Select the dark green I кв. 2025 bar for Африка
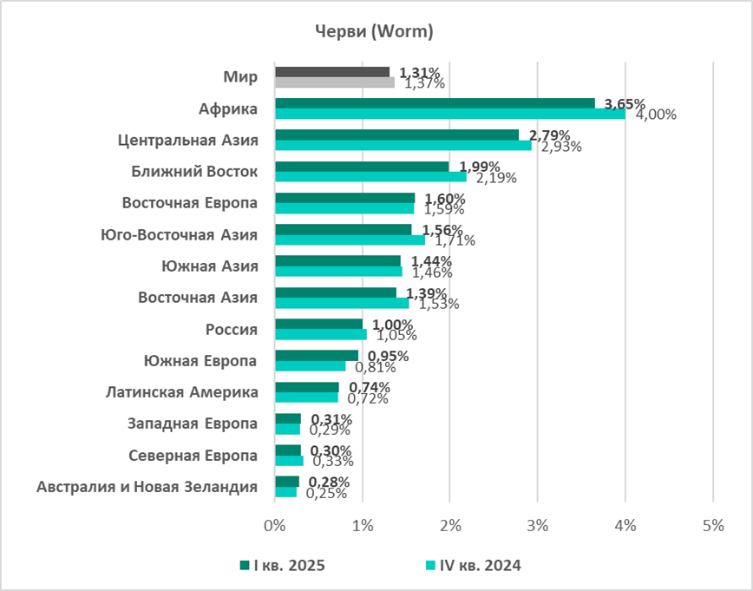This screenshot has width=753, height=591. [434, 103]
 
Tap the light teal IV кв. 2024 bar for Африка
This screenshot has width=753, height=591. [449, 114]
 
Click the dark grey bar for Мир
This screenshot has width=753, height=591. [331, 72]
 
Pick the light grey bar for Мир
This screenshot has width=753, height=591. [334, 82]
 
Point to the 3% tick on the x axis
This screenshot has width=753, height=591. [537, 525]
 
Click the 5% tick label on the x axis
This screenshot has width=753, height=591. [712, 525]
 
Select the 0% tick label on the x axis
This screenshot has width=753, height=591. [274, 525]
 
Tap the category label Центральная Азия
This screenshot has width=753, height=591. [187, 140]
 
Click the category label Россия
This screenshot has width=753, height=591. [232, 329]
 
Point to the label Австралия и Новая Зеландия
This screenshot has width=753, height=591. [147, 486]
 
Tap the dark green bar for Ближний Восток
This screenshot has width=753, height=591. [362, 167]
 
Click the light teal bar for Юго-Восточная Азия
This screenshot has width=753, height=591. [349, 240]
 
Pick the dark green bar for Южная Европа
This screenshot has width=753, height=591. [316, 355]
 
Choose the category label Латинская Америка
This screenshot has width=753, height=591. [182, 391]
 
